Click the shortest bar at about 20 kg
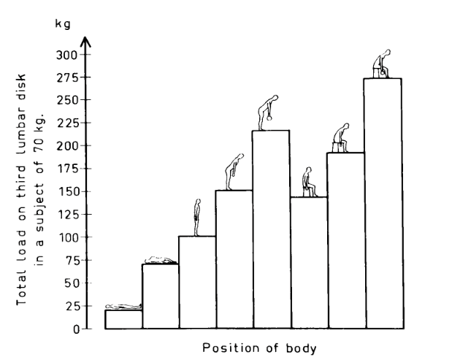pyautogui.click(x=123, y=320)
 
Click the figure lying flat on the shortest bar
pyautogui.click(x=123, y=307)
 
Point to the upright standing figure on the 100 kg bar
pyautogui.click(x=196, y=218)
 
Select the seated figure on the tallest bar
pyautogui.click(x=382, y=64)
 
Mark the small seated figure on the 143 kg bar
pyautogui.click(x=310, y=182)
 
